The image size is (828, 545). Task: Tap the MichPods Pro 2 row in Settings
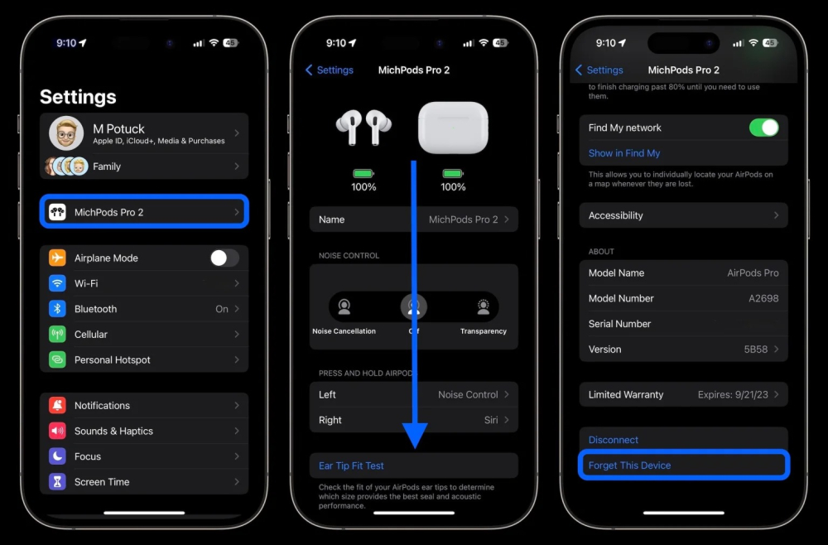point(144,212)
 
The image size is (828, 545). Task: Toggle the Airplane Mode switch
point(224,258)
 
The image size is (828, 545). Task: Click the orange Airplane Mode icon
point(57,258)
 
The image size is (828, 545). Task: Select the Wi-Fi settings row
point(144,283)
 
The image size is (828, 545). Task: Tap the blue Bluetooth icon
point(57,309)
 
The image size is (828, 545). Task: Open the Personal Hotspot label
point(113,359)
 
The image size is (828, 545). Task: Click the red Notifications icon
point(57,406)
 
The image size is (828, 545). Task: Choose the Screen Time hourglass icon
point(57,482)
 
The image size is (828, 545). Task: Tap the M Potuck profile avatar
point(65,133)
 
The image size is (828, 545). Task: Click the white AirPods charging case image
point(453,128)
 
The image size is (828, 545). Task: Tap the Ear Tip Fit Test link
point(352,465)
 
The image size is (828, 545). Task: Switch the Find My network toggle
point(763,128)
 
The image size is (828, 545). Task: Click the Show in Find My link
point(624,153)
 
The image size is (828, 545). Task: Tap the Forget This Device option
point(630,465)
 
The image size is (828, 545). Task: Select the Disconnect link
point(614,440)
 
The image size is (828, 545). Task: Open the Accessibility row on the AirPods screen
point(683,215)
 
